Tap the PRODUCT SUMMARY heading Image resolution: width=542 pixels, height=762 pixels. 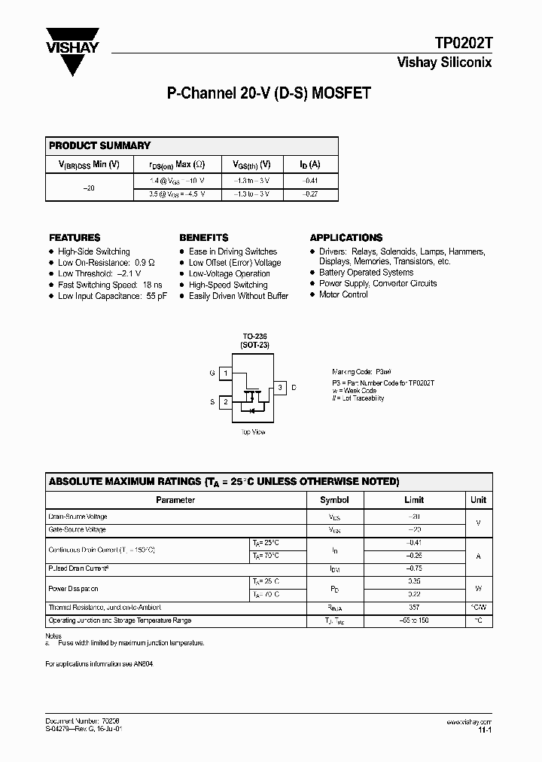tap(99, 145)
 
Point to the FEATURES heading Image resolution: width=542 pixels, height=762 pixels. tap(75, 237)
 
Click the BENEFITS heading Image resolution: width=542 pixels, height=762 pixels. tap(204, 237)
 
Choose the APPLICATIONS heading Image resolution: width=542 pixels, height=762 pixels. tap(346, 237)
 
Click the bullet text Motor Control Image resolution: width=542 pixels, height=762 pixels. tap(343, 294)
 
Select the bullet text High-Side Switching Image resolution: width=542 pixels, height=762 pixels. tap(93, 251)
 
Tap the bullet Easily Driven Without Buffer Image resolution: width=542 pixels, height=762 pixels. tap(238, 296)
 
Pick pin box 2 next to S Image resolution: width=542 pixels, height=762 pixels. tap(225, 402)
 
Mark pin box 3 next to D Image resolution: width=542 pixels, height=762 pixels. tap(279, 388)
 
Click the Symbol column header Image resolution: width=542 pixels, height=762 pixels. tap(334, 499)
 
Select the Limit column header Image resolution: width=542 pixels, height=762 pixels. tap(414, 499)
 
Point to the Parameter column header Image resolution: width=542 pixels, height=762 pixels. tap(175, 499)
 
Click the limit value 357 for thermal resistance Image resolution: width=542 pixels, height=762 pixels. tap(414, 607)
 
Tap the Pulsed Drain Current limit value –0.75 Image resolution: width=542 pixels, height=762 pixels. tap(414, 568)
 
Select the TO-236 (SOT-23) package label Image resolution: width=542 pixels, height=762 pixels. tap(255, 340)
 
